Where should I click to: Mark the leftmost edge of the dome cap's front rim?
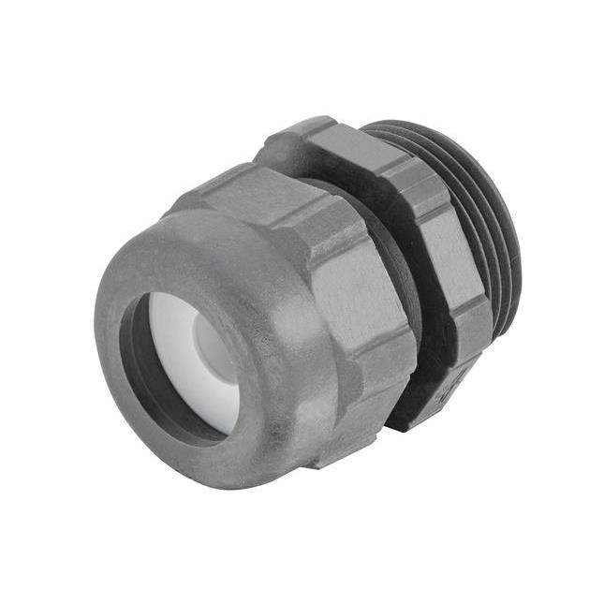tap(97, 337)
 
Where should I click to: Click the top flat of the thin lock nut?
tap(309, 140)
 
